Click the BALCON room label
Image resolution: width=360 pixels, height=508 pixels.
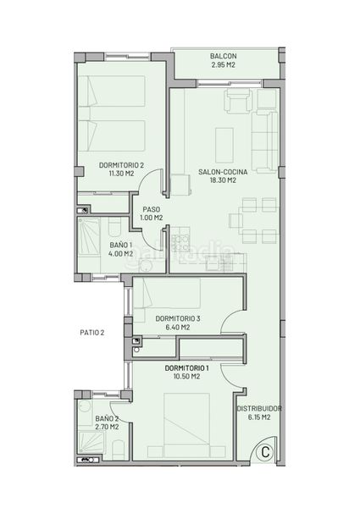224,56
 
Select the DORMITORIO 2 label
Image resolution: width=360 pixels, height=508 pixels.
121,165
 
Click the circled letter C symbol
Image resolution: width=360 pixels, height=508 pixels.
265,452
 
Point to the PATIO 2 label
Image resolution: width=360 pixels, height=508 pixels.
92,333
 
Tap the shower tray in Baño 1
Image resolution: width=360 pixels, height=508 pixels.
89,237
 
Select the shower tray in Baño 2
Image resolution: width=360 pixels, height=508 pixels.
91,443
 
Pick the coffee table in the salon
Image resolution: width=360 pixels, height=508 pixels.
224,145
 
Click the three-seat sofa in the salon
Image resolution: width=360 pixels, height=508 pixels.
265,142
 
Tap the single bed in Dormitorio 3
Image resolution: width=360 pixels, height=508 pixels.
167,293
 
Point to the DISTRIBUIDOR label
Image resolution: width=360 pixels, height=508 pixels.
259,409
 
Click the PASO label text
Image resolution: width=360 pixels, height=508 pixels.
152,210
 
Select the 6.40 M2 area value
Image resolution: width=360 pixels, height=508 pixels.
178,327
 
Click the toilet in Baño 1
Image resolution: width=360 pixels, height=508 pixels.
114,227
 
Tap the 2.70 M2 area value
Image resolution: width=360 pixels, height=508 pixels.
107,427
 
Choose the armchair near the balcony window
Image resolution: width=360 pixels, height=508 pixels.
239,102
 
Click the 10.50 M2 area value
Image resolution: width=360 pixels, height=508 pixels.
186,377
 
